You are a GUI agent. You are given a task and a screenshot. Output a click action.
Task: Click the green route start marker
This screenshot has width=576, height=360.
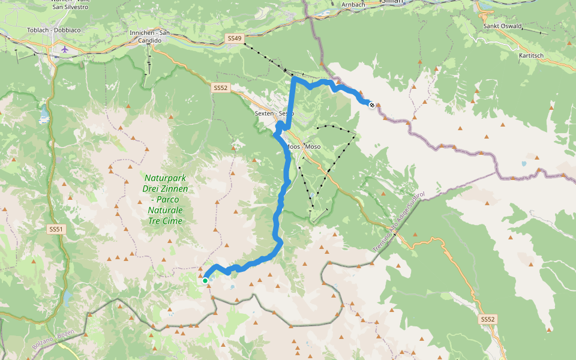pyautogui.click(x=205, y=280)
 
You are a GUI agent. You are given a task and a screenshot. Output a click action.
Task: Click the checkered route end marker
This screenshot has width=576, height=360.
pyautogui.click(x=373, y=106)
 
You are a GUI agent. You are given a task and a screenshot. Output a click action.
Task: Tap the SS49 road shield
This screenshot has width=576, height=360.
pyautogui.click(x=235, y=38)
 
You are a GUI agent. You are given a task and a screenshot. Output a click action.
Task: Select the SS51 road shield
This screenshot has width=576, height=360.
pyautogui.click(x=56, y=229)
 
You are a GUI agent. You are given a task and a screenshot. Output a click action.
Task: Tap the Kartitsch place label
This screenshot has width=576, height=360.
pyautogui.click(x=532, y=55)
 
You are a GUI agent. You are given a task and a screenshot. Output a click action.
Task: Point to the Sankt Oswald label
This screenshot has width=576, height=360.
pyautogui.click(x=502, y=26)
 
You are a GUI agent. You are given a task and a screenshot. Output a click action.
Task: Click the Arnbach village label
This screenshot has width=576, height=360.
pyautogui.click(x=353, y=4)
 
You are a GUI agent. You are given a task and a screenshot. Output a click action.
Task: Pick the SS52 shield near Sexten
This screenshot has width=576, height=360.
pyautogui.click(x=221, y=88)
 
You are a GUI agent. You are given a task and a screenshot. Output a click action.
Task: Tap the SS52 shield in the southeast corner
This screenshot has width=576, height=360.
pyautogui.click(x=488, y=320)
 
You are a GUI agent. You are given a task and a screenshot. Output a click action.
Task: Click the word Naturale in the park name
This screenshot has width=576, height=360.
pyautogui.click(x=165, y=210)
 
